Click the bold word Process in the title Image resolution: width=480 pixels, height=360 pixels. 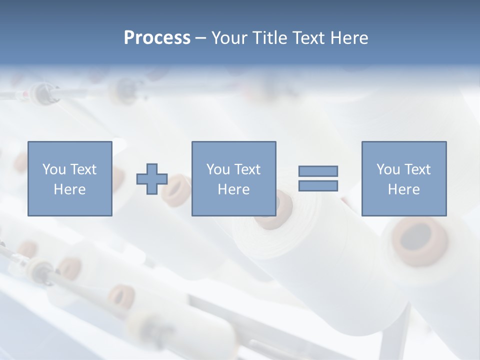(x=157, y=38)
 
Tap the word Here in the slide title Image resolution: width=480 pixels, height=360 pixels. (x=349, y=38)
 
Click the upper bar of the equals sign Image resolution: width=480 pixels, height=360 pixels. (x=318, y=171)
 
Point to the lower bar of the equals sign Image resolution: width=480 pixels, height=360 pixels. (x=318, y=185)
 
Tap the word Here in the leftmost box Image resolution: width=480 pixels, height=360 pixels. (x=70, y=189)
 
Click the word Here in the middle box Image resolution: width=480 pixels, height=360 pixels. (x=233, y=189)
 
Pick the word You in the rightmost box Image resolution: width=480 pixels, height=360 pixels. (x=388, y=169)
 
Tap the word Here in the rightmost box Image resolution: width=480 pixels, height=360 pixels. (x=404, y=189)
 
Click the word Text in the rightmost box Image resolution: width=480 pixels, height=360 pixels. (x=417, y=169)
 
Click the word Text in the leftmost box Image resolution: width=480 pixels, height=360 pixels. (x=83, y=169)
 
